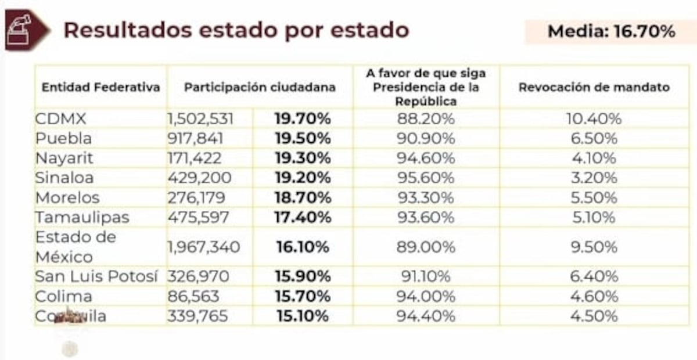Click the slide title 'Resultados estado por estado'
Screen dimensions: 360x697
236,30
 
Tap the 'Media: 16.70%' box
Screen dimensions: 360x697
610,31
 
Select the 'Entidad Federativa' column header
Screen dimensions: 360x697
100,88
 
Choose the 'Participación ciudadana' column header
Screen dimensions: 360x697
260,88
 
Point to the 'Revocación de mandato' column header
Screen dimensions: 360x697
594,88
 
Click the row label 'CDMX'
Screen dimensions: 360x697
60,119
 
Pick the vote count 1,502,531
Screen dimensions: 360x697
200,119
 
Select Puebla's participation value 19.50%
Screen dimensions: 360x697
302,139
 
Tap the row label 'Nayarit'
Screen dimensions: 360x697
64,158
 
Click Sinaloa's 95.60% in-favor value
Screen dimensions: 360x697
426,178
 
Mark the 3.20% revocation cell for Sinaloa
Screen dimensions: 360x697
594,178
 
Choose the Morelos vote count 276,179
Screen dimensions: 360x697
196,197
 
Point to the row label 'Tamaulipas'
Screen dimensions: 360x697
82,217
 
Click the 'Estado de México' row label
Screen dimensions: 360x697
76,247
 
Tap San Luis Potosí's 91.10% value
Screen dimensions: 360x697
426,277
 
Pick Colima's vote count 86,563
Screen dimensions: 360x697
193,297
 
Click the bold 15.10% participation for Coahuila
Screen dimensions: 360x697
302,316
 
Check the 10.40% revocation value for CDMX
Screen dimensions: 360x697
594,119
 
